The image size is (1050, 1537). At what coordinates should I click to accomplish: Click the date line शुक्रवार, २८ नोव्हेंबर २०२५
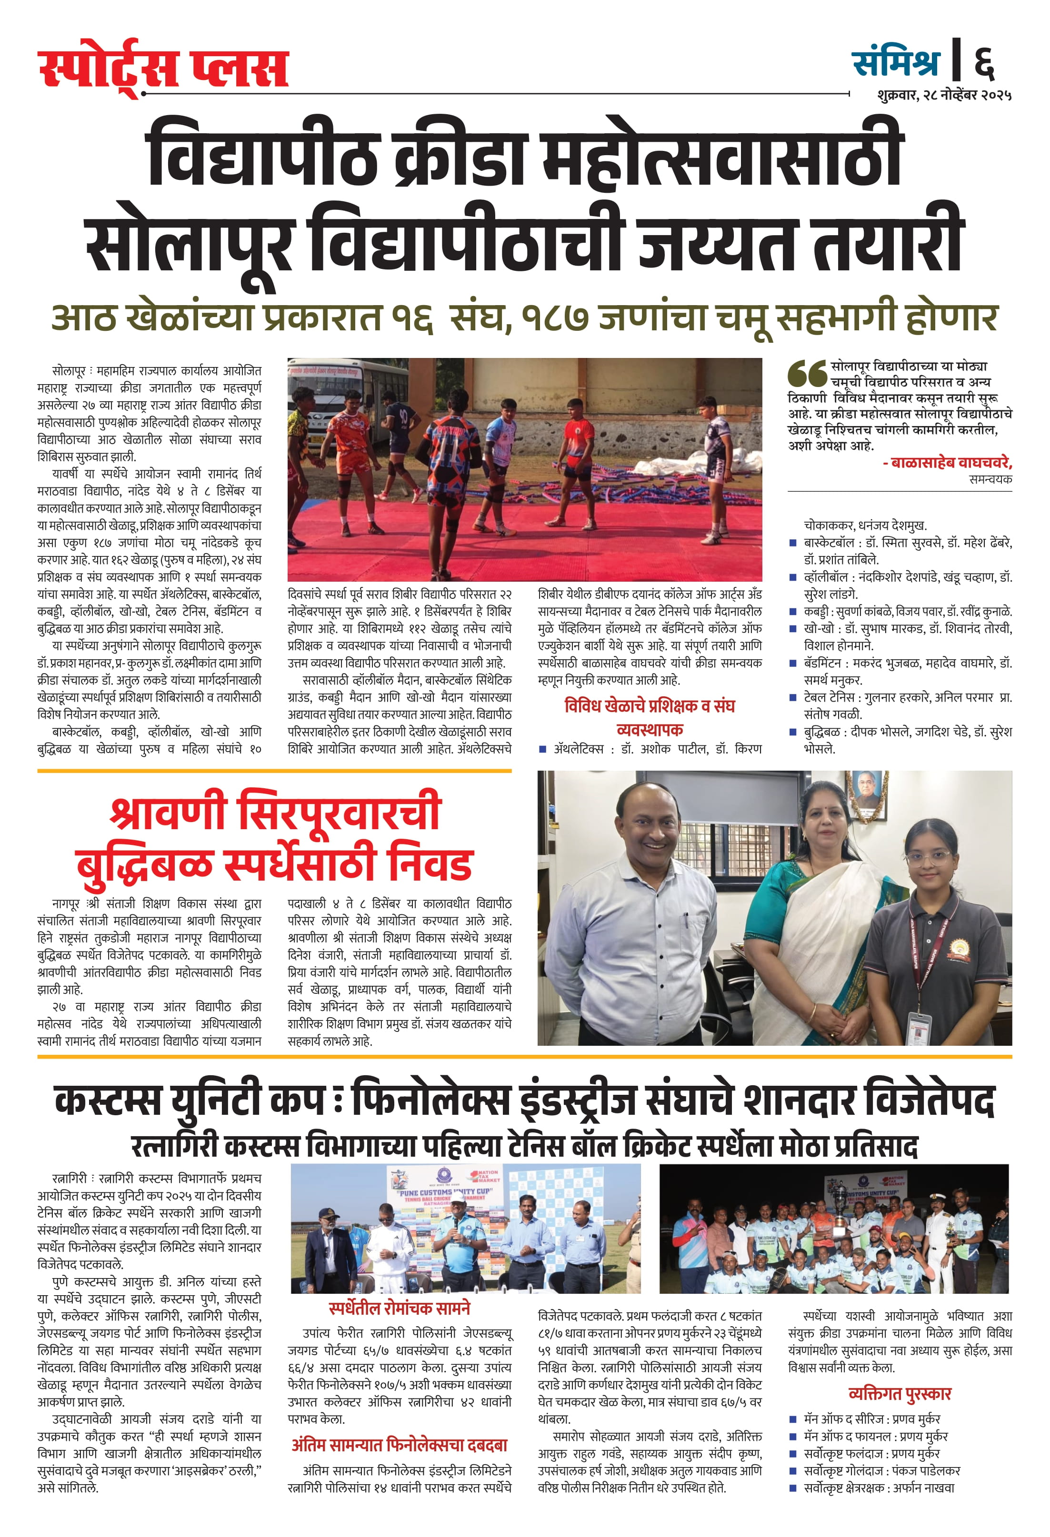coord(944,95)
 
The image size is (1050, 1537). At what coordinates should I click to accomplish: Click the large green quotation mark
coord(807,374)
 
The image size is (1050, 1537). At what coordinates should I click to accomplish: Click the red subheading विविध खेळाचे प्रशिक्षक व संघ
coord(649,706)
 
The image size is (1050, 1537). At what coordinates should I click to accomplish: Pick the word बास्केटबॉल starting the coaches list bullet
coord(829,543)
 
